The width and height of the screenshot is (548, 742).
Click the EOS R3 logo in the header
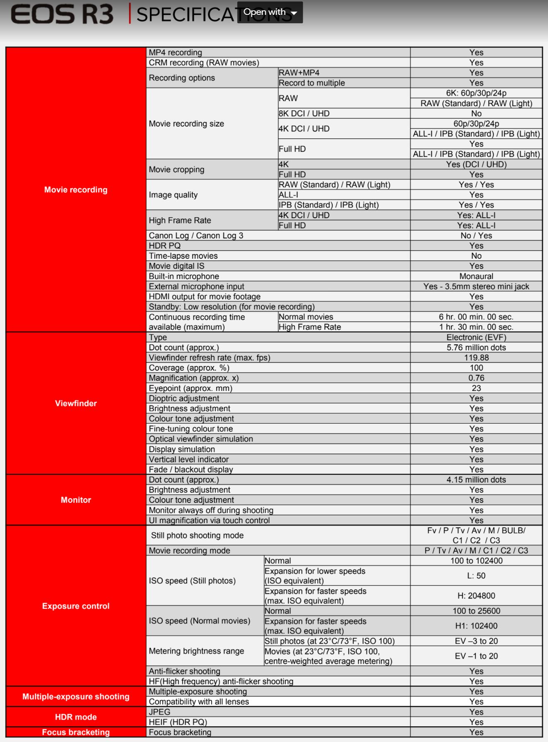coord(62,14)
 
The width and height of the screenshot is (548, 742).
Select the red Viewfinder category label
coord(76,403)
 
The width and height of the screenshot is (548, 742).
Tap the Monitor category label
coord(76,500)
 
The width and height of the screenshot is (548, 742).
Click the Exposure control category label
coord(76,606)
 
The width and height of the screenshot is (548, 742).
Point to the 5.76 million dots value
coord(476,347)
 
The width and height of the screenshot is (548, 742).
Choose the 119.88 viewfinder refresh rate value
coord(476,358)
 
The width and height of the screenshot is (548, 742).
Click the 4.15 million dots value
coord(476,480)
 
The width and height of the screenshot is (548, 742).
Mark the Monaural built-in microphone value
coord(476,276)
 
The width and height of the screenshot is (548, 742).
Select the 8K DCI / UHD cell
coord(304,114)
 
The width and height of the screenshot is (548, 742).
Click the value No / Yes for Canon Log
coord(476,235)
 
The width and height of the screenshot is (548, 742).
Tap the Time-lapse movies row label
coord(183,256)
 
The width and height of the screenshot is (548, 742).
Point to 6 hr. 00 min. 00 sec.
coord(476,317)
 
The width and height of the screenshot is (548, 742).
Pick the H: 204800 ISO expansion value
coord(476,596)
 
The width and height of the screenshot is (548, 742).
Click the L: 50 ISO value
coord(476,576)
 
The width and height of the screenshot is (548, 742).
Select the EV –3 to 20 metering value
coord(476,641)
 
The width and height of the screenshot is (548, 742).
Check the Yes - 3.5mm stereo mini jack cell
coord(476,286)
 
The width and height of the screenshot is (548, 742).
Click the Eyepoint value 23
coord(476,388)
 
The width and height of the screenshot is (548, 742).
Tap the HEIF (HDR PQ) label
coord(178,722)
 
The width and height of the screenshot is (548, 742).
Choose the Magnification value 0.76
coord(476,378)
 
